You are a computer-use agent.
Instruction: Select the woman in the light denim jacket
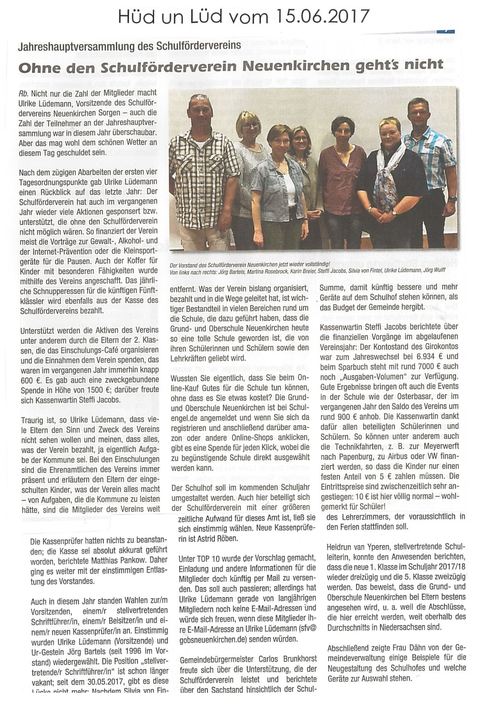coord(273,181)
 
